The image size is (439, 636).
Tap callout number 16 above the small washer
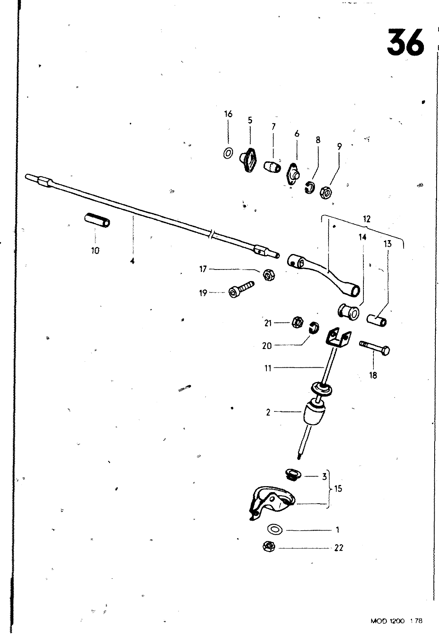[x=228, y=114]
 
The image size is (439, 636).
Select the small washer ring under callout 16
[x=228, y=153]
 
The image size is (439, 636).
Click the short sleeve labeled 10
[x=98, y=220]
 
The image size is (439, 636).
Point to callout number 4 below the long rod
[x=132, y=261]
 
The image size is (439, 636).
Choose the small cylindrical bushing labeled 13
[x=377, y=319]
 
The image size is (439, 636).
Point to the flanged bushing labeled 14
[x=349, y=311]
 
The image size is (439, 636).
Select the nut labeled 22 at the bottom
[x=269, y=547]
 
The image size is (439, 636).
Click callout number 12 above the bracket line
[x=366, y=219]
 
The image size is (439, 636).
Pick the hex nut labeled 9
[x=326, y=193]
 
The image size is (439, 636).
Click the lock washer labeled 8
[x=310, y=187]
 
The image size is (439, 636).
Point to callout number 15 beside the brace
[x=338, y=489]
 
